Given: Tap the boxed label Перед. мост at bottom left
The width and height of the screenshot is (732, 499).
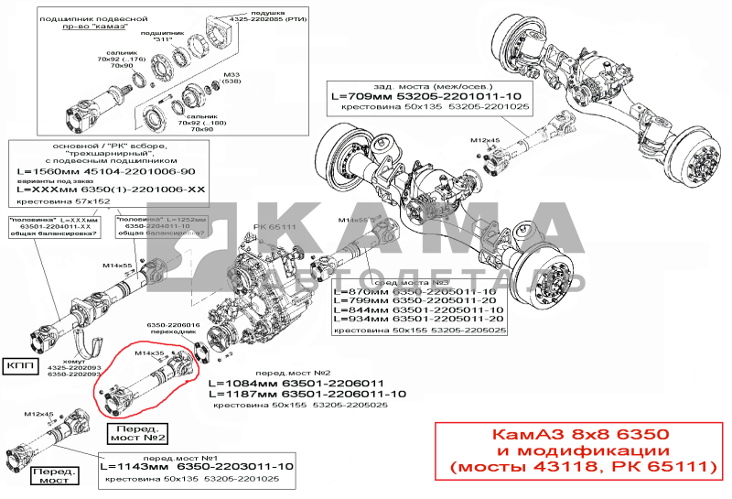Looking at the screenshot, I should click(x=51, y=475).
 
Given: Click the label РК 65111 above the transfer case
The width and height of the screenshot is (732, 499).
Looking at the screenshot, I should click(x=276, y=225).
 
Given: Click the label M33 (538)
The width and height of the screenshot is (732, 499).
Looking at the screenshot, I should click(x=231, y=77).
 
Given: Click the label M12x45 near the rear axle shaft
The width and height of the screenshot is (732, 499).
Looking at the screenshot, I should click(x=485, y=140).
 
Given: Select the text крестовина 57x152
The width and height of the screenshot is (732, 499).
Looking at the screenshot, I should click(x=61, y=200).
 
